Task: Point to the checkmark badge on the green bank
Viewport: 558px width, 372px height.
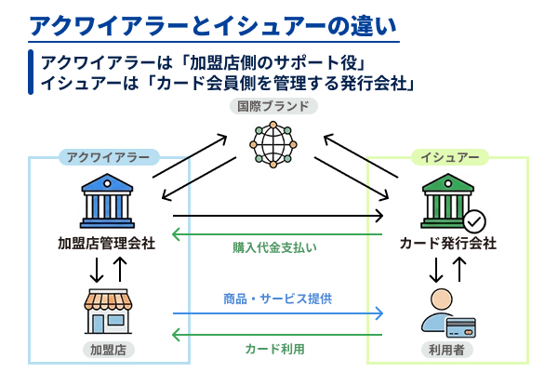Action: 474,221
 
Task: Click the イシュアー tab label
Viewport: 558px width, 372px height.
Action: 450,157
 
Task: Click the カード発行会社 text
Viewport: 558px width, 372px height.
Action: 447,244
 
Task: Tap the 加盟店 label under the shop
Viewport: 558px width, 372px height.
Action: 108,351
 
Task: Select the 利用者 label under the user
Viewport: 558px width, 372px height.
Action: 447,351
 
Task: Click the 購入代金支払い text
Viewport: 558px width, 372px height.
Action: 275,248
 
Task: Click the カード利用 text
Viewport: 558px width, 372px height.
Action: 275,349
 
